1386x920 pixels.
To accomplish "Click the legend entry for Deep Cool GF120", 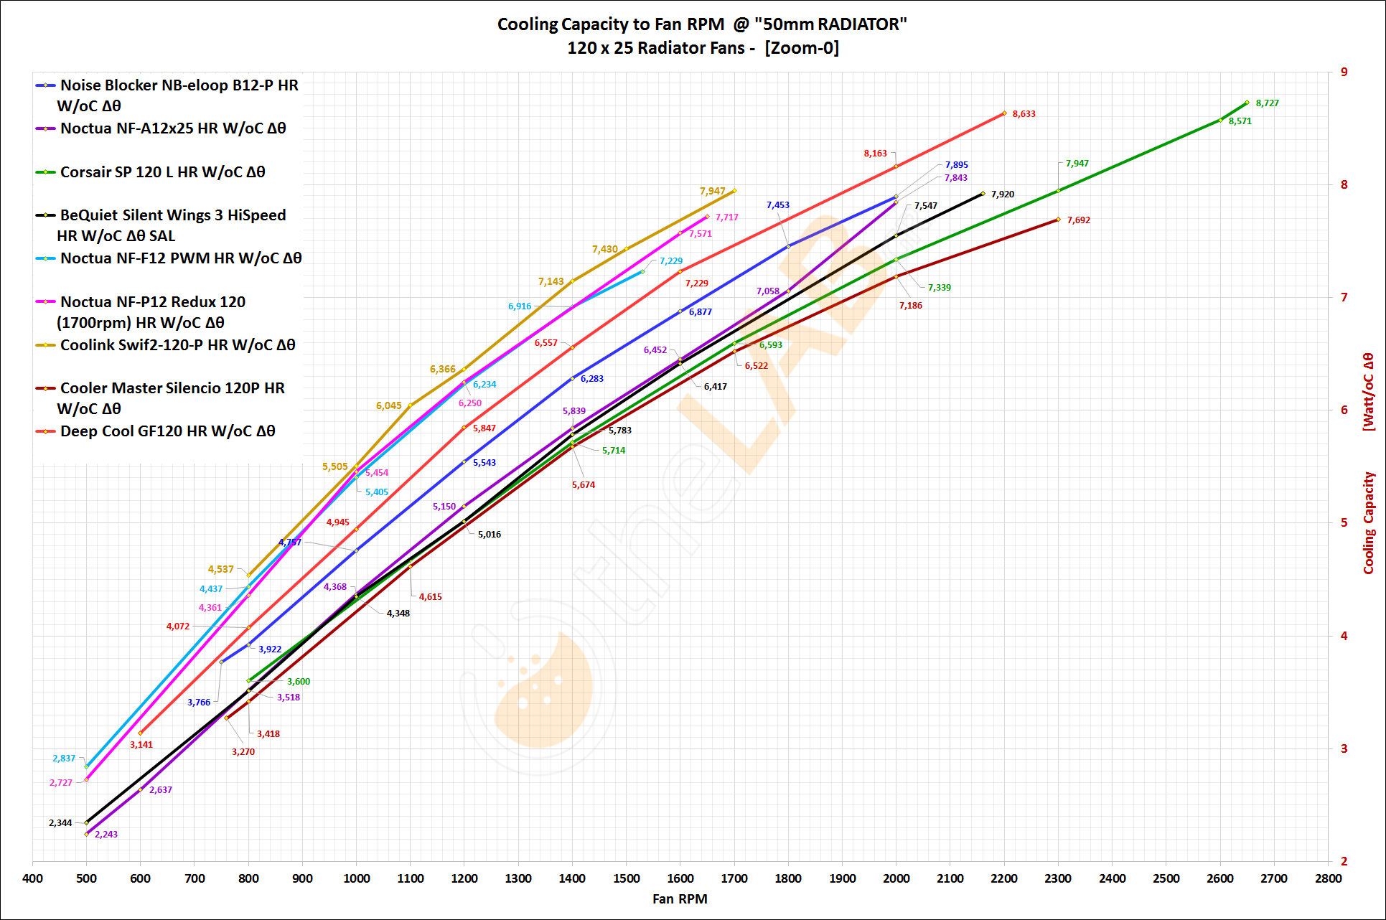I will coord(167,431).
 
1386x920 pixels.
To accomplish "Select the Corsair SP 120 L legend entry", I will coord(162,172).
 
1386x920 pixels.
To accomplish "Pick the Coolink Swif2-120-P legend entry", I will coord(177,345).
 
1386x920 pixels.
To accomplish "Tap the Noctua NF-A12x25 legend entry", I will coord(173,128).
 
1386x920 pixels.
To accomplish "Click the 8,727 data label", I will coord(1267,103).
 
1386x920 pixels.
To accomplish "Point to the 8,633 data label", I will coord(1024,114).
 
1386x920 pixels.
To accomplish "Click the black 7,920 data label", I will coord(1002,194).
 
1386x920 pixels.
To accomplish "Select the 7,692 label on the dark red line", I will coord(1078,220).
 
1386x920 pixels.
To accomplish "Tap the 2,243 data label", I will coord(106,835).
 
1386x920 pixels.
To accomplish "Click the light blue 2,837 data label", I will coord(64,759).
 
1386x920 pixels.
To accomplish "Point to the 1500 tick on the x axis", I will coord(626,878).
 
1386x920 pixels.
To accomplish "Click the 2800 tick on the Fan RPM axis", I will coord(1328,878).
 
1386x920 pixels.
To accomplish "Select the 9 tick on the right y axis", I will coord(1344,72).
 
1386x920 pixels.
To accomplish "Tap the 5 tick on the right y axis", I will coord(1344,522).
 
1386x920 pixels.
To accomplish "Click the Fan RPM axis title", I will coord(680,899).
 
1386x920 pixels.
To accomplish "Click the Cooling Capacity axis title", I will coord(1369,522).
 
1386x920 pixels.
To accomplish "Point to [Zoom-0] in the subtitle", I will coord(802,48).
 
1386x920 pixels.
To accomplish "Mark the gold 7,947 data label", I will coord(712,192).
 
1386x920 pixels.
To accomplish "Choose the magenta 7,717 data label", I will coord(726,217).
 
